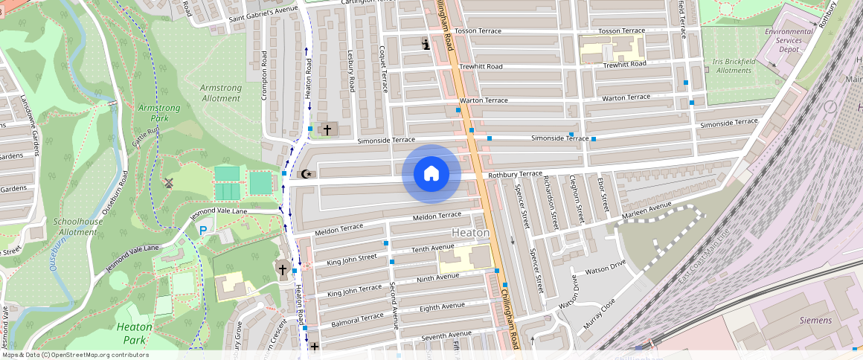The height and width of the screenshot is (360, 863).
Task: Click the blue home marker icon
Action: pyautogui.click(x=431, y=174)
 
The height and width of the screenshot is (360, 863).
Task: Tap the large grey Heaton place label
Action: pyautogui.click(x=470, y=233)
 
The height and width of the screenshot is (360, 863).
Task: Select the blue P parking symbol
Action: pyautogui.click(x=203, y=231)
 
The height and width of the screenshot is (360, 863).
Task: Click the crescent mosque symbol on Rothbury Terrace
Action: pyautogui.click(x=305, y=175)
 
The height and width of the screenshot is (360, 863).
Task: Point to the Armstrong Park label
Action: pyautogui.click(x=159, y=113)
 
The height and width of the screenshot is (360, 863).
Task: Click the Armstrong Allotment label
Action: pyautogui.click(x=221, y=93)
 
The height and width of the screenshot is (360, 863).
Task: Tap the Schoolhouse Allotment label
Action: pyautogui.click(x=77, y=227)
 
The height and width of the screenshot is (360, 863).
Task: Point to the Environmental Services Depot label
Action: pyautogui.click(x=789, y=40)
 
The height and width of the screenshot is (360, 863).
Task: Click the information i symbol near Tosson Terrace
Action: pyautogui.click(x=426, y=44)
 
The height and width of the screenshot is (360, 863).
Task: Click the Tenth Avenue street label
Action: pyautogui.click(x=432, y=248)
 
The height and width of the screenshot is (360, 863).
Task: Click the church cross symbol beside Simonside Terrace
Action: pyautogui.click(x=327, y=130)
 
